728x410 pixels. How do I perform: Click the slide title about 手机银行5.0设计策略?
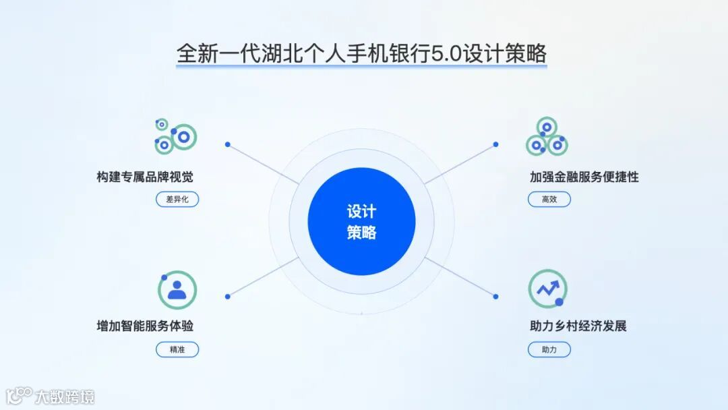[361, 53]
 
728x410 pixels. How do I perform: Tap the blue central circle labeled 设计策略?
[361, 221]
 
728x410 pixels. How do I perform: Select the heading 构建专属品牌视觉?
[145, 177]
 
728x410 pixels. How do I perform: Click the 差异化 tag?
[177, 199]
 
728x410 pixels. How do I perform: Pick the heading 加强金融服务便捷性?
[584, 177]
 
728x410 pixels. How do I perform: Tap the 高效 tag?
[549, 199]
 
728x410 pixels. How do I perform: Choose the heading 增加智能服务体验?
[145, 326]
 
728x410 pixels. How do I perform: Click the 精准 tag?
[177, 349]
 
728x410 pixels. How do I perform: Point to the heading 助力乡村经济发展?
[578, 326]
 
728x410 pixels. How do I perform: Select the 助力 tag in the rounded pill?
[549, 349]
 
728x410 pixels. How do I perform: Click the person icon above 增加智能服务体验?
[177, 289]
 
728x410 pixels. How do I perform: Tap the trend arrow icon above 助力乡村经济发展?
[547, 289]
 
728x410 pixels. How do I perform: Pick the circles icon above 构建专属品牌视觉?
[175, 136]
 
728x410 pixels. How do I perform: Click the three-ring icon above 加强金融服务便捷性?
[547, 137]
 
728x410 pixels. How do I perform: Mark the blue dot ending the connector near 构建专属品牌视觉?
[228, 144]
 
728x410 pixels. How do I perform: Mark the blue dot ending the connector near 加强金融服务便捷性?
[496, 144]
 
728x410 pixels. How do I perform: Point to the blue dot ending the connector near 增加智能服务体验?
[228, 296]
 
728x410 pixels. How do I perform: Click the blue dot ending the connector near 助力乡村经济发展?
[496, 296]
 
